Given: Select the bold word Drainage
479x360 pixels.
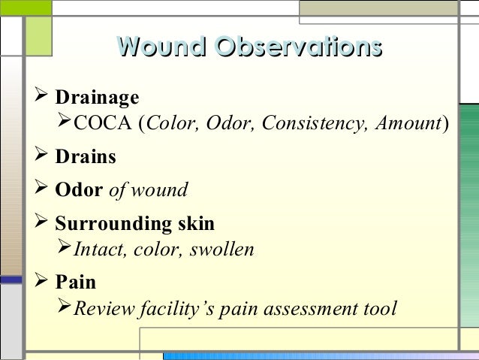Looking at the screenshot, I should tap(98, 98).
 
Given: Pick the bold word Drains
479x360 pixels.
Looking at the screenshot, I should tap(86, 157).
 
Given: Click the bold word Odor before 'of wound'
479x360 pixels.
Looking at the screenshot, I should tap(80, 190).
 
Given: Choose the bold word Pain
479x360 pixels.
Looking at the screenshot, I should tap(76, 283).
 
